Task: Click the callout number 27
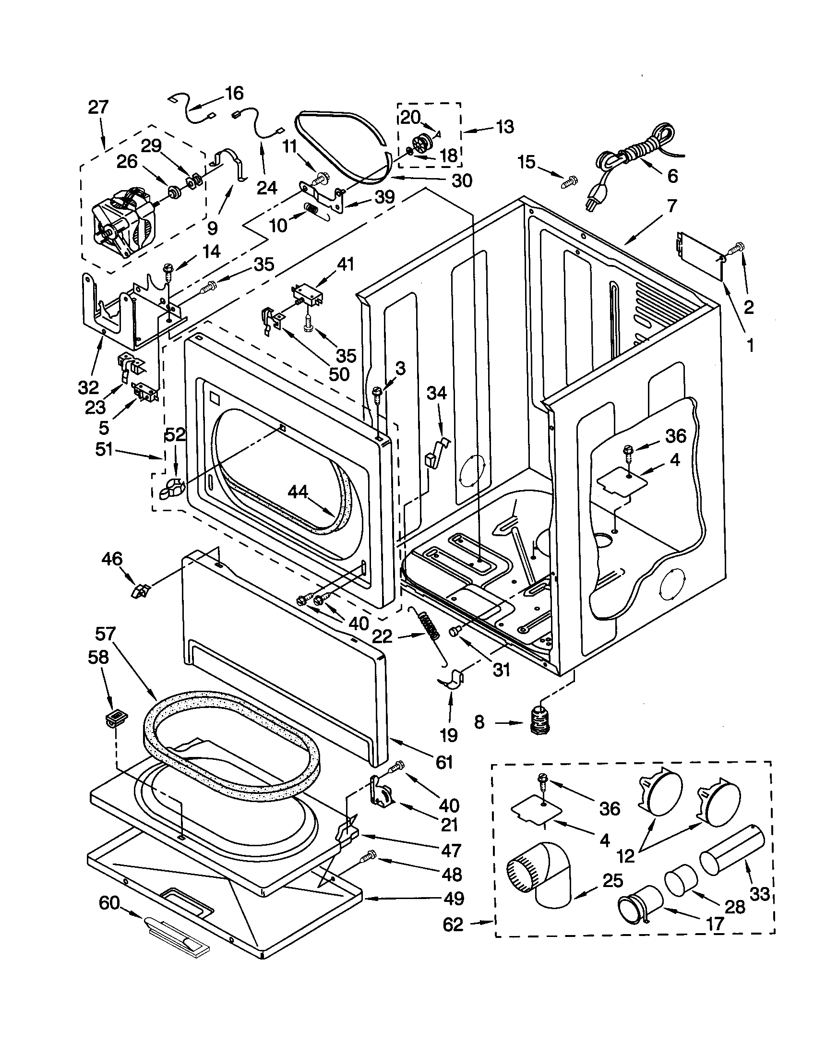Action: (98, 108)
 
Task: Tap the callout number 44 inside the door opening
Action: (298, 492)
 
